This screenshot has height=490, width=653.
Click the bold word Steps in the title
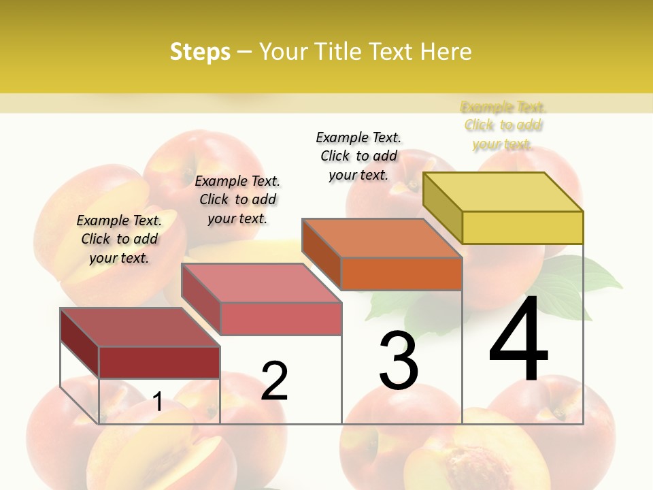pos(200,52)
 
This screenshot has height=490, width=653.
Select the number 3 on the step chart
pos(398,361)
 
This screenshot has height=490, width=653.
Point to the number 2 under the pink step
pos(274,381)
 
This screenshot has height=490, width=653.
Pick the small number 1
pos(158,402)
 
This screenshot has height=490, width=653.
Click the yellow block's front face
pos(522,227)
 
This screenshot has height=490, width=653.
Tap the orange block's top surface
pos(381,238)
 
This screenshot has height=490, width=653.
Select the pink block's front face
pos(281,318)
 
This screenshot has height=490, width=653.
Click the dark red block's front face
pos(159,362)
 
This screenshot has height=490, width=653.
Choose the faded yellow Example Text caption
pos(503,125)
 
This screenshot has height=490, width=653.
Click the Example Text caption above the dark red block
pos(119,239)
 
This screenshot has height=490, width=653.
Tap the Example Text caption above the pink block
pos(237,199)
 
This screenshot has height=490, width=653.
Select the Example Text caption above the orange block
pos(358,156)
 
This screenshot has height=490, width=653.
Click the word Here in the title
pos(446,52)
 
